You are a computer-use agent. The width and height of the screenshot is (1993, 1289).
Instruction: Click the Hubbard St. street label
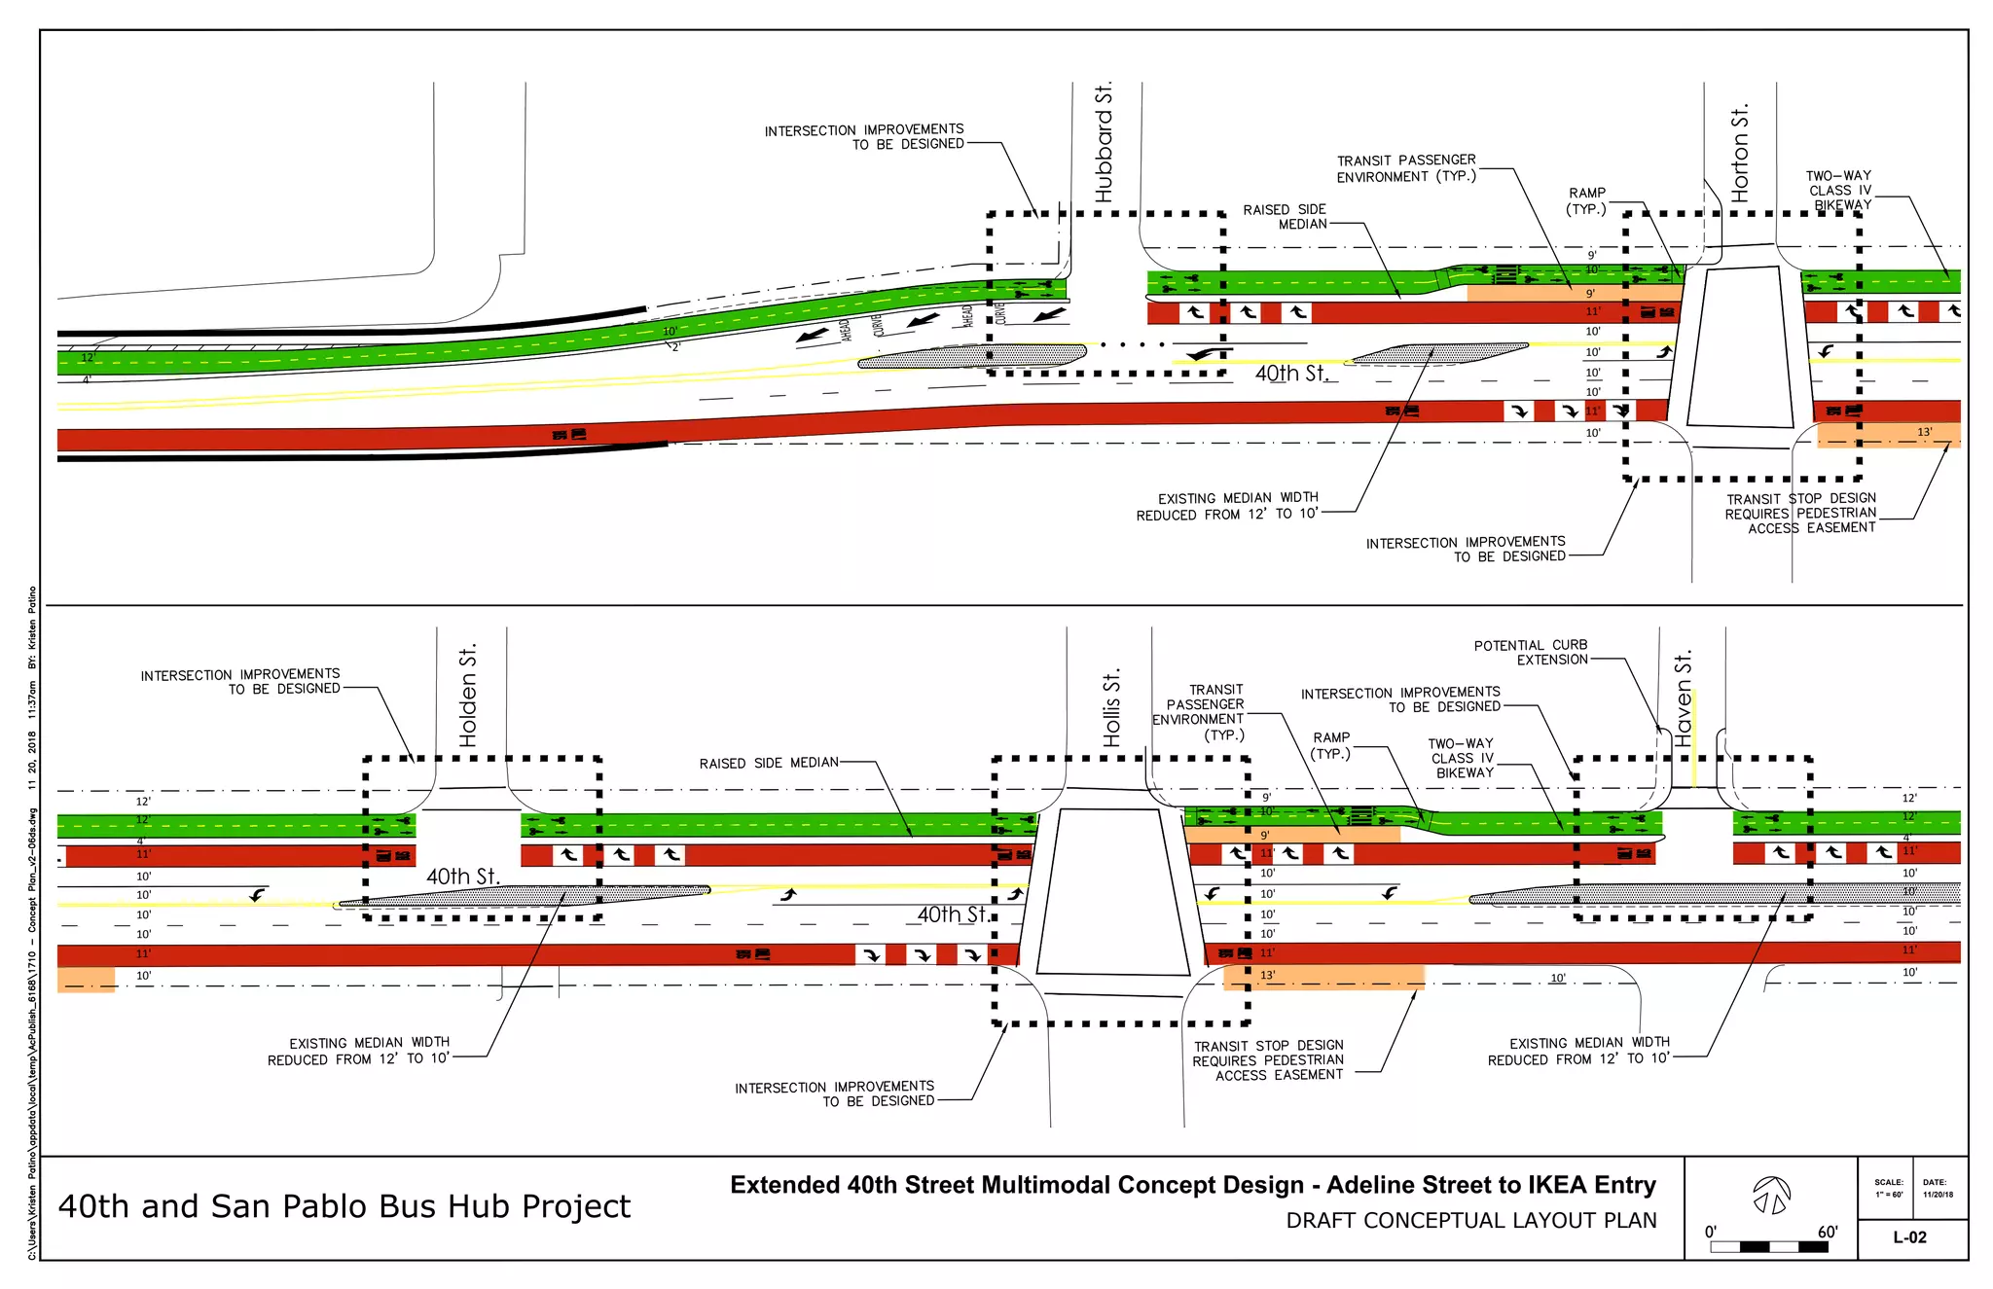pyautogui.click(x=1103, y=143)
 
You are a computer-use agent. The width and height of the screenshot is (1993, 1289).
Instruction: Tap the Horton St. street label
pyautogui.click(x=1740, y=153)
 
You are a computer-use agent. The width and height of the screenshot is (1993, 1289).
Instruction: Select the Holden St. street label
pyautogui.click(x=468, y=695)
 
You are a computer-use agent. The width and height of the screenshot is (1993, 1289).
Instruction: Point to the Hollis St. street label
pyautogui.click(x=1111, y=707)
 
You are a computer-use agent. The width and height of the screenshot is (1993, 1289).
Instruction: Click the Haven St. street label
pyautogui.click(x=1684, y=698)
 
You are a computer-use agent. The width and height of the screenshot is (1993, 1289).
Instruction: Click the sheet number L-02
pyautogui.click(x=1909, y=1237)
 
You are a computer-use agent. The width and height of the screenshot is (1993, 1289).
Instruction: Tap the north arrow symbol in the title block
pyautogui.click(x=1771, y=1195)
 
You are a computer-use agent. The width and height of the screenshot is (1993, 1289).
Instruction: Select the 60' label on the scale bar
pyautogui.click(x=1827, y=1232)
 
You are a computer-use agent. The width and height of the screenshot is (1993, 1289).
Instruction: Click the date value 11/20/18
pyautogui.click(x=1938, y=1195)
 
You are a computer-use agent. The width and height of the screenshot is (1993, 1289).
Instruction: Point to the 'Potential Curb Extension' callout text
pyautogui.click(x=1531, y=652)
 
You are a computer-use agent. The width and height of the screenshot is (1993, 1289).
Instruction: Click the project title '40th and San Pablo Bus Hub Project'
pyautogui.click(x=344, y=1206)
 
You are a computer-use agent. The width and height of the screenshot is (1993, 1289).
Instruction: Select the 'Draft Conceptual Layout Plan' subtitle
pyautogui.click(x=1470, y=1220)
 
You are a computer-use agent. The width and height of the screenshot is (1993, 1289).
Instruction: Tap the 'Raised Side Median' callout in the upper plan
pyautogui.click(x=1285, y=216)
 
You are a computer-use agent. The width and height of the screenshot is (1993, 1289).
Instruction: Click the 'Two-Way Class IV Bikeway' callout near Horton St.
pyautogui.click(x=1838, y=190)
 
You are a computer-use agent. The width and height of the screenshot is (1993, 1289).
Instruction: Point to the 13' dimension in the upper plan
pyautogui.click(x=1924, y=432)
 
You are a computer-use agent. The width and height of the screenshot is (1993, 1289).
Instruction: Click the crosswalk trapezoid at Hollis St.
pyautogui.click(x=1112, y=891)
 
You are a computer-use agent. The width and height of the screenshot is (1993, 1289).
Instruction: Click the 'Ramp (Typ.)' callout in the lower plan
pyautogui.click(x=1330, y=745)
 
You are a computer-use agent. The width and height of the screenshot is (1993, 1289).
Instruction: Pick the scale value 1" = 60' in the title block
pyautogui.click(x=1889, y=1195)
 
